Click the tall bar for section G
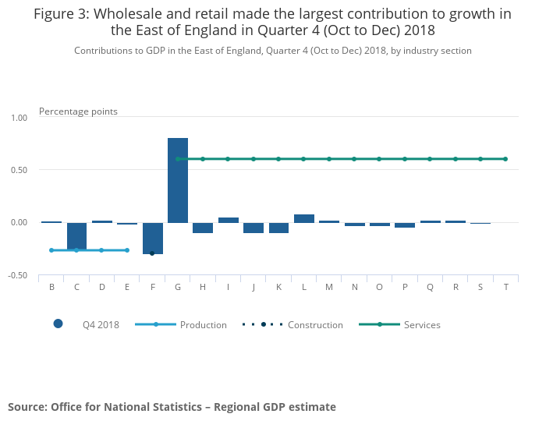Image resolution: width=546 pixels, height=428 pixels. click(178, 180)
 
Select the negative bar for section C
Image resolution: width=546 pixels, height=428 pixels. click(76, 236)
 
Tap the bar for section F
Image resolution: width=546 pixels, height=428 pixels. click(153, 239)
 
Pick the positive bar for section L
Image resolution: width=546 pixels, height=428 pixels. click(304, 218)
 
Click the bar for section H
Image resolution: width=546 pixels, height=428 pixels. click(203, 228)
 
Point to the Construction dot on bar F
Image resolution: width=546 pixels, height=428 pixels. click(152, 253)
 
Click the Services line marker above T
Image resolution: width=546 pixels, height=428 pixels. click(505, 159)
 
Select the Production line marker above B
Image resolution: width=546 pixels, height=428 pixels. click(51, 250)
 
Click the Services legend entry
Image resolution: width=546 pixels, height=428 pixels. click(399, 324)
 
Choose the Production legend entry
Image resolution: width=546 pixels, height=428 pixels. click(181, 324)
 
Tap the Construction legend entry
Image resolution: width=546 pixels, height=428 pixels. click(292, 324)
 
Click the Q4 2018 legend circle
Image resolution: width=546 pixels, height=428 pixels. click(58, 324)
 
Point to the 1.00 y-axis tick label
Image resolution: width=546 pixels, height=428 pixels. click(19, 118)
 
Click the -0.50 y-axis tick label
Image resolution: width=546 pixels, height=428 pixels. click(17, 275)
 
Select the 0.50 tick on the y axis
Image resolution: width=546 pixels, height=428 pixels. click(19, 170)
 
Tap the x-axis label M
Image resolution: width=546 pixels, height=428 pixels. click(329, 287)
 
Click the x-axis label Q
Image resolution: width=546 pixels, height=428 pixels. click(430, 288)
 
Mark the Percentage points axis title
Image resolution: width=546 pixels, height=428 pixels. click(78, 111)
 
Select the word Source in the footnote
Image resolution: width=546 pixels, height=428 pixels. click(27, 407)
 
